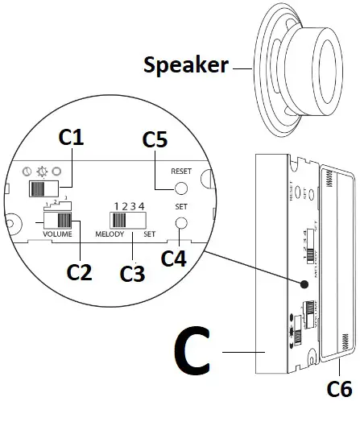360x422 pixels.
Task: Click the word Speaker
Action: tap(185, 64)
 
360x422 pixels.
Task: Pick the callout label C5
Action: tap(155, 139)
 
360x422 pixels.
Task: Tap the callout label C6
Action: tap(339, 389)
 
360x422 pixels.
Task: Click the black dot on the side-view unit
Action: tap(305, 284)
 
